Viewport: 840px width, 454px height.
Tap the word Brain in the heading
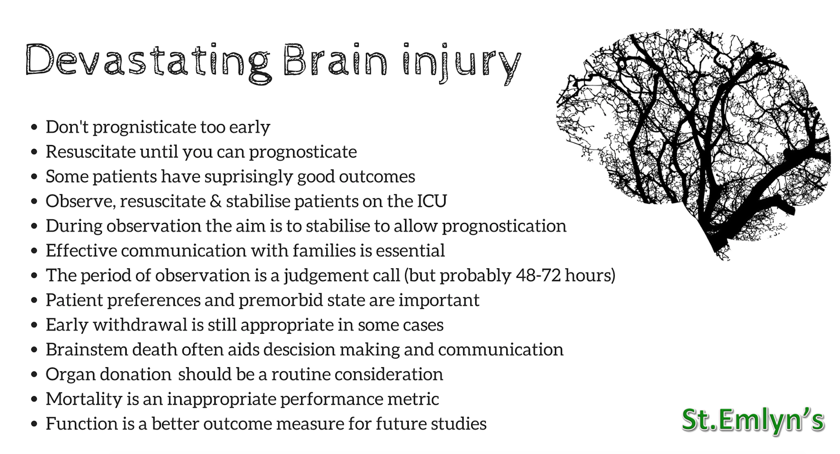[335, 59]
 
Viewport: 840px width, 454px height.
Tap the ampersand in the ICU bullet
[215, 201]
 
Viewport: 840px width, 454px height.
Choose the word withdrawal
[140, 325]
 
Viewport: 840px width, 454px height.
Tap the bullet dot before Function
[35, 424]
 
